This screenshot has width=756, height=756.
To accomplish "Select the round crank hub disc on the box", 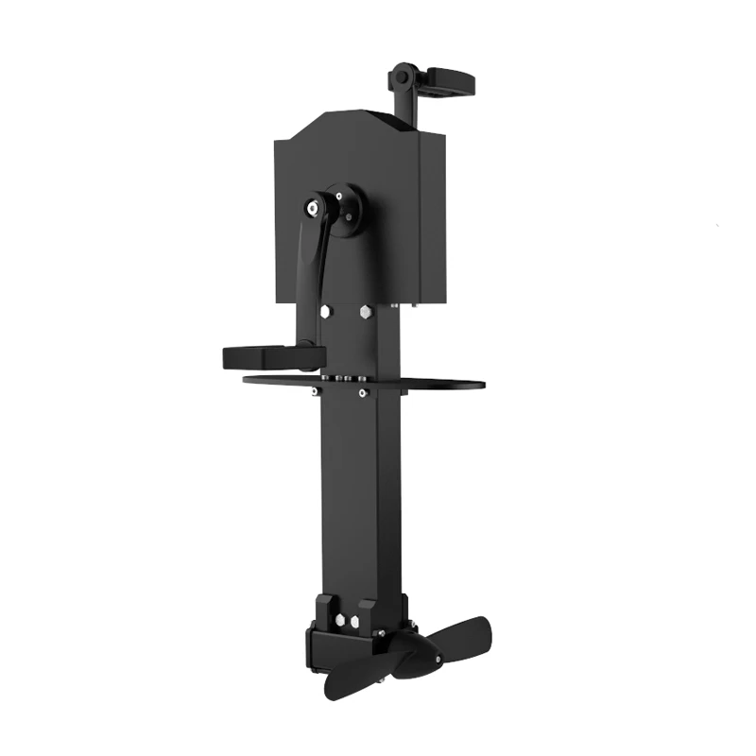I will coord(345,209).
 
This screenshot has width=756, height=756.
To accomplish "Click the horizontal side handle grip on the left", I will coord(260,357).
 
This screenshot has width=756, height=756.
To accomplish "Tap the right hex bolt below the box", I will coord(366,309).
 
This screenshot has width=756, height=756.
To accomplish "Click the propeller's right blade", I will coord(463,635).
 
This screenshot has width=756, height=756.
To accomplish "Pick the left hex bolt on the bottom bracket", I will coord(340,621).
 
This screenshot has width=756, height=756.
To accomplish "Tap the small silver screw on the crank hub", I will coord(352,216).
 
